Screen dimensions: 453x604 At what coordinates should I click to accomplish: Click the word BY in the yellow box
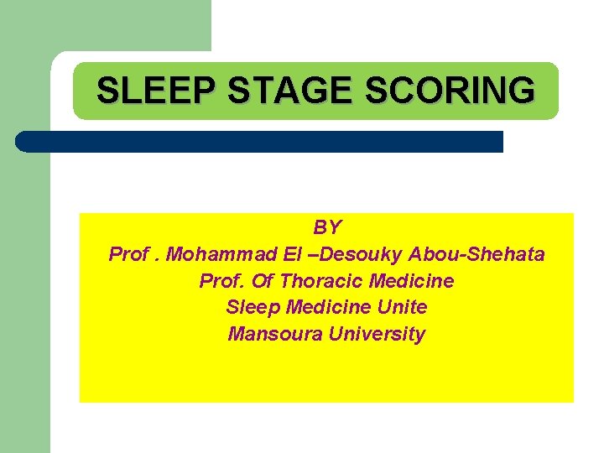(327, 227)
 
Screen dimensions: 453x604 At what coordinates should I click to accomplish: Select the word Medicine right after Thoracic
(412, 281)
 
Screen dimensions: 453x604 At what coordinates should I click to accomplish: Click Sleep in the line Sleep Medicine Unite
(250, 308)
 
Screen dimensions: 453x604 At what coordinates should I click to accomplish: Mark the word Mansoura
(276, 335)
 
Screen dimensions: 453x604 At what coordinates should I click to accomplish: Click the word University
(377, 335)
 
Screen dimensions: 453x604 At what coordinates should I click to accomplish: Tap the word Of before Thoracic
(262, 281)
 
